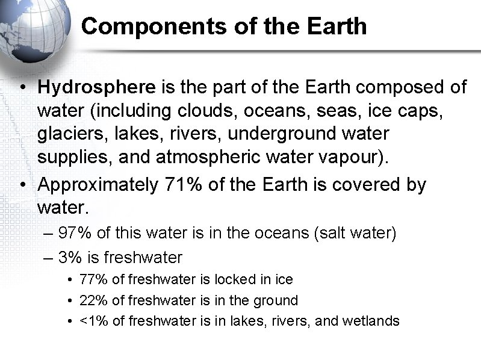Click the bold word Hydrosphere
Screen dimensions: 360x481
click(96, 87)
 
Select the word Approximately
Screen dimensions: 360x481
click(98, 185)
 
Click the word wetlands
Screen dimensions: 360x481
click(371, 321)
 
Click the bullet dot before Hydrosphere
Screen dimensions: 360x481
click(22, 88)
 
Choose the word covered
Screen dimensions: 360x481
click(366, 185)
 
